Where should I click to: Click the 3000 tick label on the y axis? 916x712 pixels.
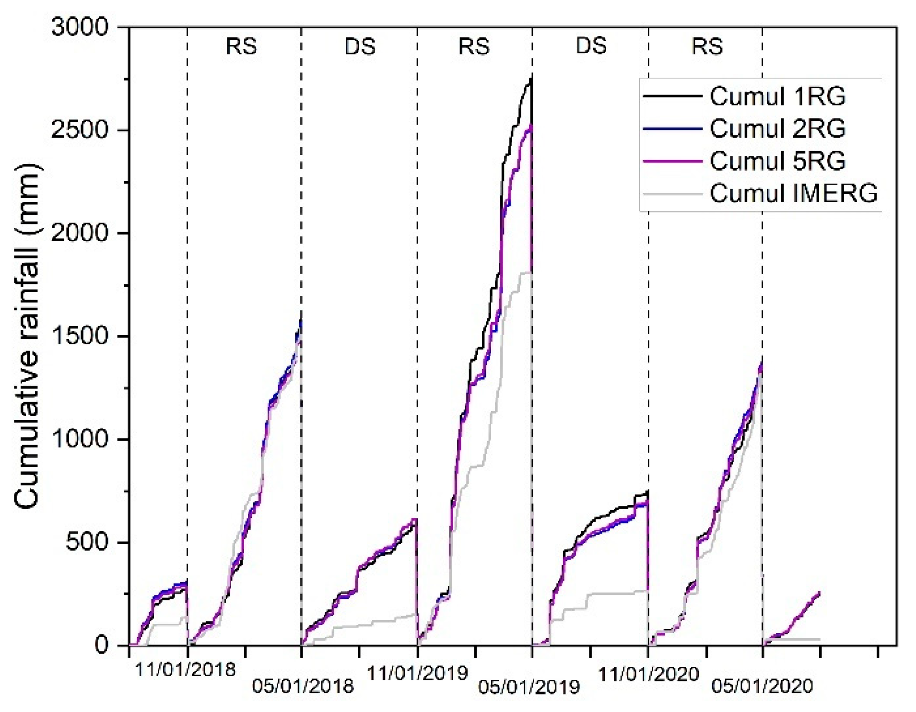80,27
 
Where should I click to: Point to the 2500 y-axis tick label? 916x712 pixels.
80,130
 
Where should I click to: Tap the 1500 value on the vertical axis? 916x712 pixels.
80,336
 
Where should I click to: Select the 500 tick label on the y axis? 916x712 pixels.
87,542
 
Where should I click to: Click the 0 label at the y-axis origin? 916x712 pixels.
102,645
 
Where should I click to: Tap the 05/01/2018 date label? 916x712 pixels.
303,686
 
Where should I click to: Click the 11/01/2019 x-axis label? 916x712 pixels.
417,673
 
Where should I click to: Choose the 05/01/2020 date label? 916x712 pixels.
763,686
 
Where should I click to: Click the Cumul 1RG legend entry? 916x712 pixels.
777,96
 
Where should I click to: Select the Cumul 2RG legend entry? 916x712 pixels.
777,128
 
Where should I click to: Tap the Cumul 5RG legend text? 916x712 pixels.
777,161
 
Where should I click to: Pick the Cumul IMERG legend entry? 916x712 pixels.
793,193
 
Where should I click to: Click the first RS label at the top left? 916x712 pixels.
241,47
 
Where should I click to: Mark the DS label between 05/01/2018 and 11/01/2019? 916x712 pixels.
360,47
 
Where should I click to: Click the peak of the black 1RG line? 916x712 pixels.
530,78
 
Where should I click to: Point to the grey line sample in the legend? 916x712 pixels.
672,194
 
